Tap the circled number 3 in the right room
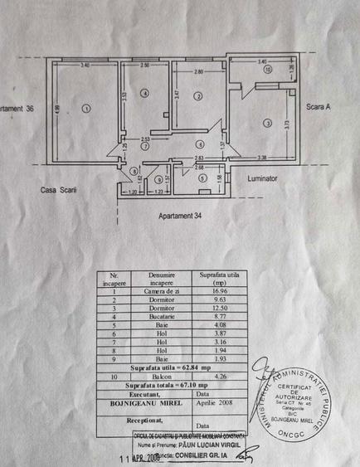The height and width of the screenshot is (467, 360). tap(267, 123)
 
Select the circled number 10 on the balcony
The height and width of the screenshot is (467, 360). tap(267, 70)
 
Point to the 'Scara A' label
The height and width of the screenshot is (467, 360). tap(319, 107)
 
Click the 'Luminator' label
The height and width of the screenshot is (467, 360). tap(262, 178)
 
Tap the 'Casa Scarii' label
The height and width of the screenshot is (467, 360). tap(59, 190)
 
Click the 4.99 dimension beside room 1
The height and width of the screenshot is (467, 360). tap(57, 109)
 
